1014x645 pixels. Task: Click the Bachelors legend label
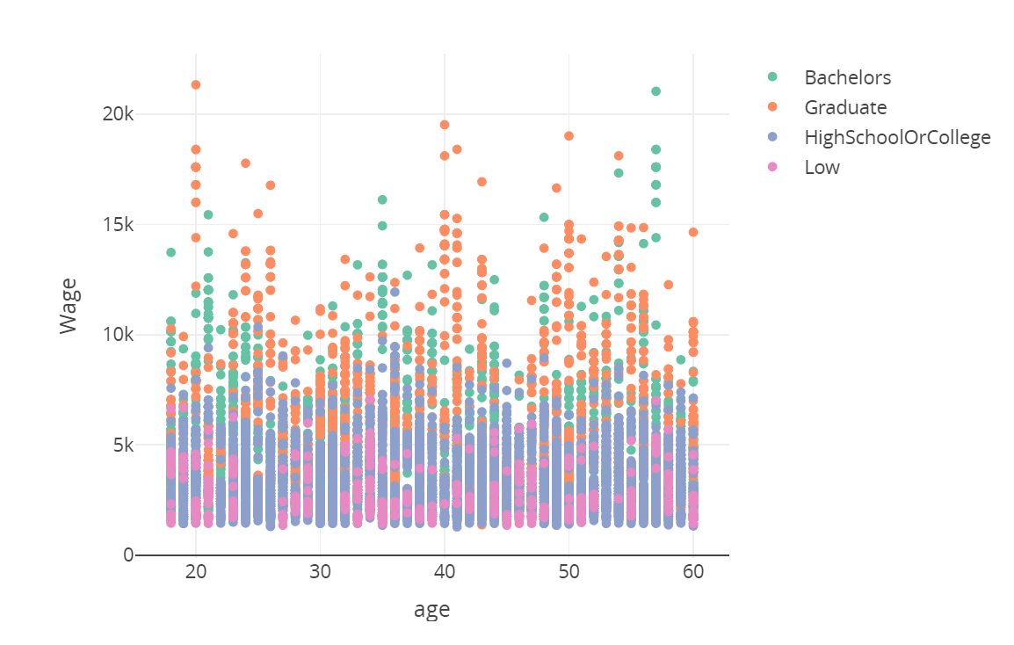[x=847, y=77]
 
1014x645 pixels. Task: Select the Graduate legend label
[x=845, y=107]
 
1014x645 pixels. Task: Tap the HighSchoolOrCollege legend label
[x=897, y=137]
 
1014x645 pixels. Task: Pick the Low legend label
[x=822, y=167]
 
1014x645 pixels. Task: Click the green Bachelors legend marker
[x=772, y=77]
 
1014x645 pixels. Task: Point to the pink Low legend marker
[x=772, y=167]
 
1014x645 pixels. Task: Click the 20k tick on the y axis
[x=117, y=114]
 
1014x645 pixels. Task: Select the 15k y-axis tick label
[x=117, y=224]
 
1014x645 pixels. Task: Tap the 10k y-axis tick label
[x=117, y=335]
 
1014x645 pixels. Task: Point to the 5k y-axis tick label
[x=121, y=445]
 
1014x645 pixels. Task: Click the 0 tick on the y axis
[x=128, y=555]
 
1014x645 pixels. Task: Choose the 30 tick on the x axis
[x=321, y=572]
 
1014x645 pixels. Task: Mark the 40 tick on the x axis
[x=445, y=572]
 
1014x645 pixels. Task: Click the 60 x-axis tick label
[x=693, y=572]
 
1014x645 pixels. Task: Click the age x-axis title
[x=432, y=610]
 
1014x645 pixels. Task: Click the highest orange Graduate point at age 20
[x=196, y=85]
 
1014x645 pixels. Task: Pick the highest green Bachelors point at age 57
[x=655, y=91]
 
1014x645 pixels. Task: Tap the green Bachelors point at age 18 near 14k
[x=170, y=252]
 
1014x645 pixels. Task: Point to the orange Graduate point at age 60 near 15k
[x=693, y=232]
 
